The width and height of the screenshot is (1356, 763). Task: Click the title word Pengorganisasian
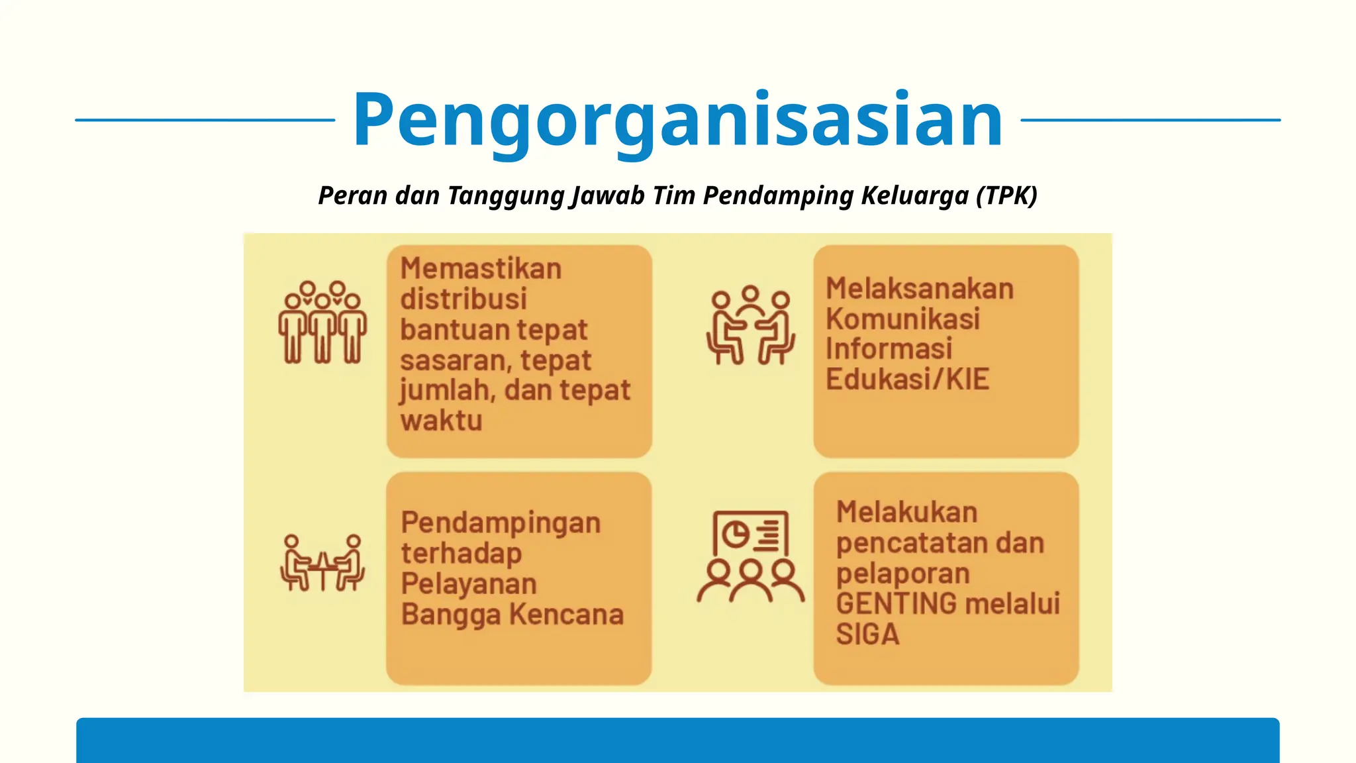click(677, 120)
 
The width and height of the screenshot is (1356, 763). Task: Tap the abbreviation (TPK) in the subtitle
click(1006, 195)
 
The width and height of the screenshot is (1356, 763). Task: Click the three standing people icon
click(322, 323)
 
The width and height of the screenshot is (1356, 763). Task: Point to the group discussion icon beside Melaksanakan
click(750, 325)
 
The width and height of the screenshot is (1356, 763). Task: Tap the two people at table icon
click(322, 563)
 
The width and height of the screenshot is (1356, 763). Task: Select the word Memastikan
click(481, 269)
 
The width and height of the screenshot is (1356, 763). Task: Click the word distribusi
click(463, 299)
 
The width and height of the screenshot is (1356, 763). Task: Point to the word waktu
click(441, 421)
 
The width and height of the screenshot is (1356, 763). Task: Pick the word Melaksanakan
click(920, 289)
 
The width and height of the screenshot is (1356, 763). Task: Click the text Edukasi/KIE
click(907, 380)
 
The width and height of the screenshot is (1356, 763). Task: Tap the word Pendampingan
click(501, 523)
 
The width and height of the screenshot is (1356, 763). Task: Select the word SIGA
click(867, 635)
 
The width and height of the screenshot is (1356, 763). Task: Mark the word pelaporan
click(902, 574)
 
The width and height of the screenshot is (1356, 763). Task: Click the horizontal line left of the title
click(205, 120)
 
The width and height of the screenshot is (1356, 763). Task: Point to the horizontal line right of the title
click(1150, 120)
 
